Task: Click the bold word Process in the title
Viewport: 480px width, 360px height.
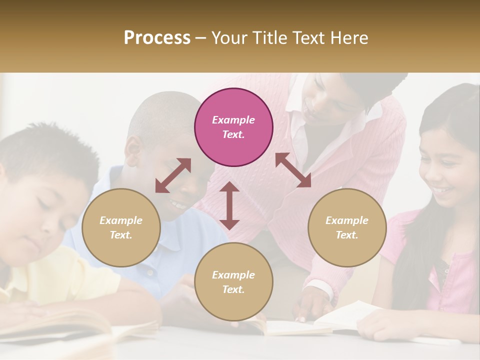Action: click(157, 38)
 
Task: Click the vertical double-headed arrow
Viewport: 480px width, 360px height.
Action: click(229, 205)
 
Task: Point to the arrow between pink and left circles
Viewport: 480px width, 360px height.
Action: click(173, 175)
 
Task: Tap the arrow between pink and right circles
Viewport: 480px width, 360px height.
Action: click(293, 170)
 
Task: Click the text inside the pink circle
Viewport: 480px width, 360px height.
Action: click(233, 127)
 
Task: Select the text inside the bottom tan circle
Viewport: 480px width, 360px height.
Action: click(233, 282)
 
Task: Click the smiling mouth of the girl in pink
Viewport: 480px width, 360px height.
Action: click(441, 190)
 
